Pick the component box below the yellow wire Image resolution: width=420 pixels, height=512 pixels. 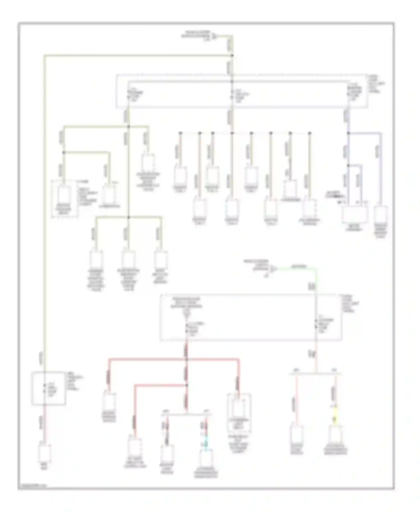tap(335, 436)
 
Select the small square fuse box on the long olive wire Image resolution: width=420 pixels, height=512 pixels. tap(48, 388)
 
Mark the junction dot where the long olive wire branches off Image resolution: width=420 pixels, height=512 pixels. tap(232, 56)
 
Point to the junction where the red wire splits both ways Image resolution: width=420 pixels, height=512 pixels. tap(186, 359)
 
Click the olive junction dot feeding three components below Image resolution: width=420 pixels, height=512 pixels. tap(129, 217)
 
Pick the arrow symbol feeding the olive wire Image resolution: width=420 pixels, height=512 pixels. tap(215, 36)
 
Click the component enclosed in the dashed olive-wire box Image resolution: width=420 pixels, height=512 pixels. tap(64, 197)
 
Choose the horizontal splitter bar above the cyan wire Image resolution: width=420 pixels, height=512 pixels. tap(186, 414)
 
